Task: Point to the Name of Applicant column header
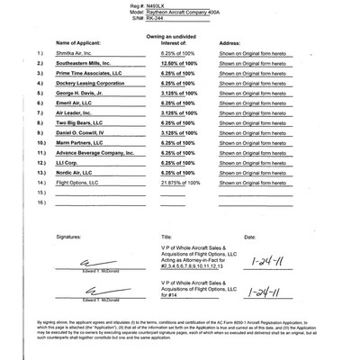[x=82, y=42]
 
